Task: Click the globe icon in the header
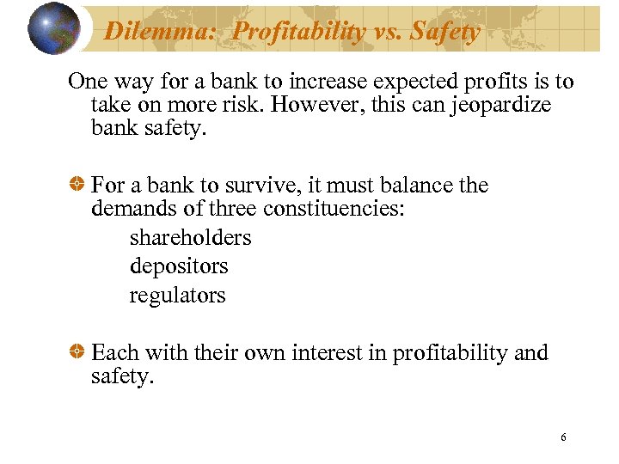(x=55, y=29)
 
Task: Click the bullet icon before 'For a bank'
(x=77, y=186)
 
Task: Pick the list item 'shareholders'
(x=190, y=237)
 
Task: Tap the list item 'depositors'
(x=179, y=266)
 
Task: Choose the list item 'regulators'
(x=177, y=296)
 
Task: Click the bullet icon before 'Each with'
(x=77, y=353)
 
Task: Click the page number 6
(x=563, y=437)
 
